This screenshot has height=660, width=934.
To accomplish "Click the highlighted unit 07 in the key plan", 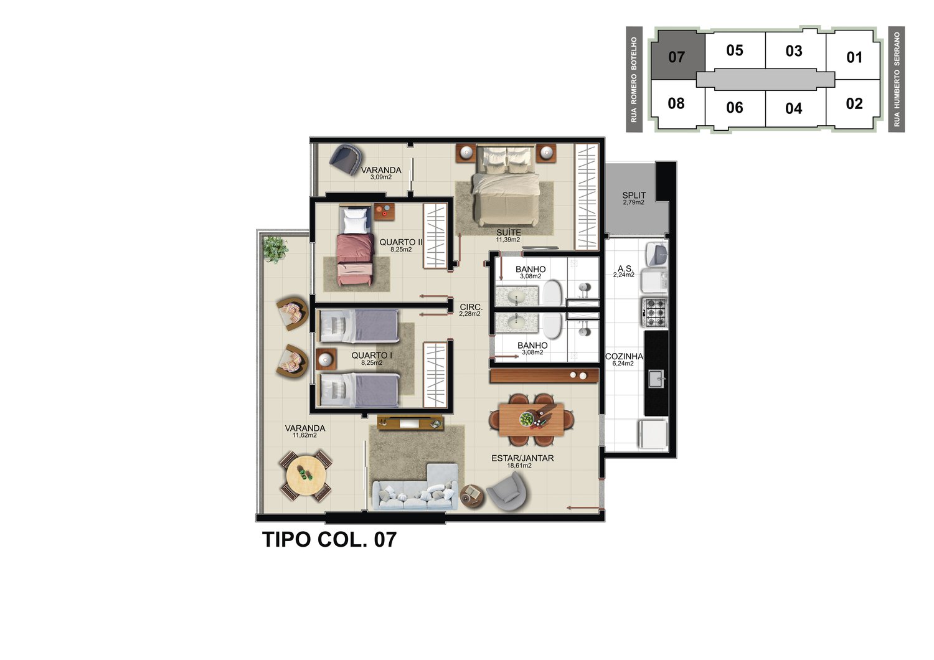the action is pyautogui.click(x=678, y=55).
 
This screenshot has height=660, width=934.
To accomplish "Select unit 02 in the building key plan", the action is pyautogui.click(x=854, y=103).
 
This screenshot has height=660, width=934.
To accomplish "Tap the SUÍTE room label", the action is pyautogui.click(x=508, y=232).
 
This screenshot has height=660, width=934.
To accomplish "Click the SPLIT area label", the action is pyautogui.click(x=634, y=195).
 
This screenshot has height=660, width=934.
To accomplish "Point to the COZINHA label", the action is pyautogui.click(x=624, y=356).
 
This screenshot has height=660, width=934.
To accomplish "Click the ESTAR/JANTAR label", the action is pyautogui.click(x=522, y=458).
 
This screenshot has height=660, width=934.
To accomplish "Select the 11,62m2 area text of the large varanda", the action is pyautogui.click(x=304, y=435).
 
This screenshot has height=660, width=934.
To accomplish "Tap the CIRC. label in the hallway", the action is pyautogui.click(x=471, y=307).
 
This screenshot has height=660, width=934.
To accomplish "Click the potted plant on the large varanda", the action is pyautogui.click(x=275, y=249).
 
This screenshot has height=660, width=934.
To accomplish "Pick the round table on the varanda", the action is pyautogui.click(x=306, y=475).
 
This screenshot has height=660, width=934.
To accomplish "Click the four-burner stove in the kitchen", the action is pyautogui.click(x=655, y=313).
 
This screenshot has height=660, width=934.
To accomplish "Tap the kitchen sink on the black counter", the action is pyautogui.click(x=656, y=379).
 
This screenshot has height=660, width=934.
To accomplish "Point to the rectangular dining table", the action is pyautogui.click(x=531, y=420).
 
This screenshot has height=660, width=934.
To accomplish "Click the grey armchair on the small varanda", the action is pyautogui.click(x=346, y=159).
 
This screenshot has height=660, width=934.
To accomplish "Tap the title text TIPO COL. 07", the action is pyautogui.click(x=329, y=539).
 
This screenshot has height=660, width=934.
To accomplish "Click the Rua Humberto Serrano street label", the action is pyautogui.click(x=897, y=79).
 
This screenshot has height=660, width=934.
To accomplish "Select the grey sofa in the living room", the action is pyautogui.click(x=415, y=488).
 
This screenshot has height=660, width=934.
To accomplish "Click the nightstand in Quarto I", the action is pyautogui.click(x=326, y=359).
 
